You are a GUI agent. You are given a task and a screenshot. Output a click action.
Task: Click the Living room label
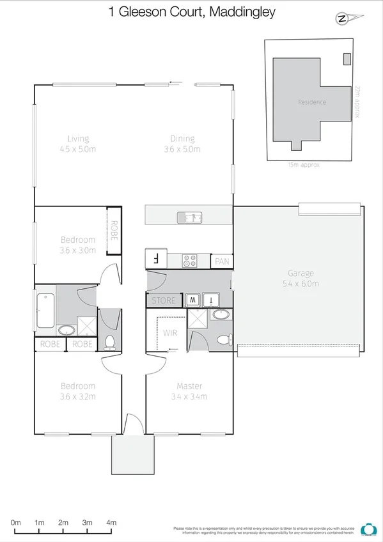coord(79,139)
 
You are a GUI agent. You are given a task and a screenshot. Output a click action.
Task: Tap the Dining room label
coord(182,139)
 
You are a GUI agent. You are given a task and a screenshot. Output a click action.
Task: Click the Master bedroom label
coord(190,386)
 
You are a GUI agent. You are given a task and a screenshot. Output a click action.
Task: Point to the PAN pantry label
coord(222,261)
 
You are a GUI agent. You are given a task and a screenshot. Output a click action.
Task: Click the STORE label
coord(163,300)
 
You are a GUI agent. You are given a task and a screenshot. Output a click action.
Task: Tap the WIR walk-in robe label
coord(170,332)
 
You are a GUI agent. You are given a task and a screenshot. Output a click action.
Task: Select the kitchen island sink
coord(189,218)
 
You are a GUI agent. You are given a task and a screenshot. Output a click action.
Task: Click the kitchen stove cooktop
coord(190,260)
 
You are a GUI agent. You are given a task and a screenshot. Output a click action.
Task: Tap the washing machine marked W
coord(192,300)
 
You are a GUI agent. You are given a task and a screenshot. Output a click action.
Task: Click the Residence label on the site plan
coord(311,102)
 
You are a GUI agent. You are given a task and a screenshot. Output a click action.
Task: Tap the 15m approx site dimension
coord(304,165)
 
